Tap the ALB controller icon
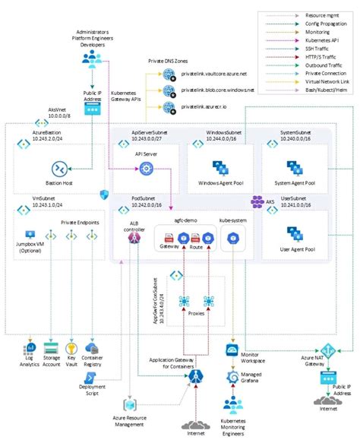[134, 239]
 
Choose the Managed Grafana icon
[232, 376]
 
